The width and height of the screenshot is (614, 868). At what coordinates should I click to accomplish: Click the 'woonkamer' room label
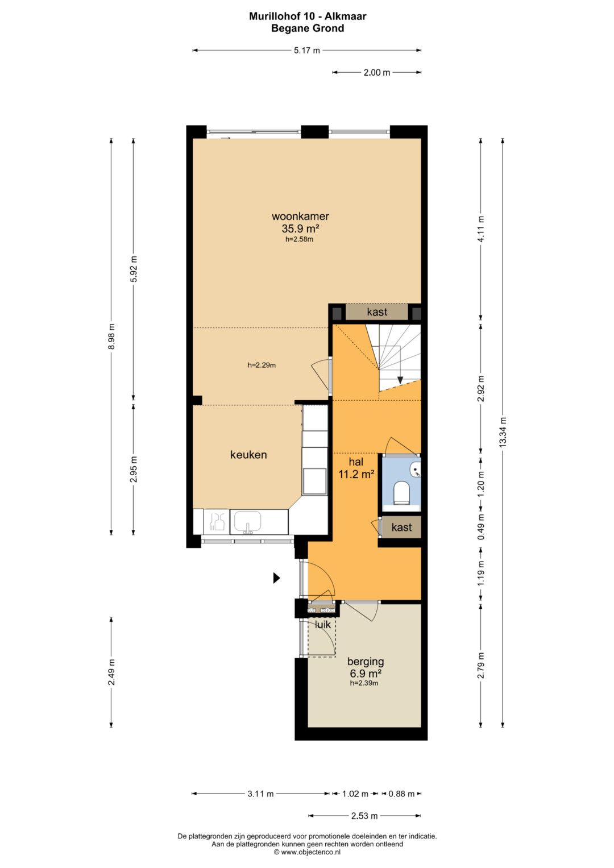[x=300, y=216]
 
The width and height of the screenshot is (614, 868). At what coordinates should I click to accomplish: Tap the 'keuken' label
[x=248, y=455]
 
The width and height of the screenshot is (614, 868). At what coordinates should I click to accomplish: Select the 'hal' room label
[x=356, y=462]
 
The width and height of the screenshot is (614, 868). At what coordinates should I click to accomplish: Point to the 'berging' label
[x=366, y=662]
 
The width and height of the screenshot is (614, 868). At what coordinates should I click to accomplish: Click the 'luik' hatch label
[x=323, y=624]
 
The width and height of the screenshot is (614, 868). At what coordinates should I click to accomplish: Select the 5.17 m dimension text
[x=307, y=51]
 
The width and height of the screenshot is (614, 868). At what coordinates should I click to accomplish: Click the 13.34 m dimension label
[x=503, y=433]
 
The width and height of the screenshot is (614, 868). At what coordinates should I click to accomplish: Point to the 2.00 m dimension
[x=377, y=72]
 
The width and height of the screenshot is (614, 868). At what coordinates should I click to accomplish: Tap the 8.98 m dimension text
[x=111, y=337]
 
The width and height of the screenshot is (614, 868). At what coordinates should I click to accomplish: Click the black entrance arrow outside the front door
[x=276, y=578]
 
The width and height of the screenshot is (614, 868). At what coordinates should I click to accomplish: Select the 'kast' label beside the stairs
[x=377, y=312]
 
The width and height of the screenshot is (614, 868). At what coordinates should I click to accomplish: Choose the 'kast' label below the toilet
[x=401, y=527]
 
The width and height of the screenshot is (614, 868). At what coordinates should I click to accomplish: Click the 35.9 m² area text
[x=300, y=229]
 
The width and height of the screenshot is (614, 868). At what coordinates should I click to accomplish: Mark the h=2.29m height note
[x=262, y=365]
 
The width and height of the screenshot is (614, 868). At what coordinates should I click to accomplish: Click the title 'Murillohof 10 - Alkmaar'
[x=308, y=16]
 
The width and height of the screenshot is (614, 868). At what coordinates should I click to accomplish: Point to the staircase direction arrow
[x=400, y=380]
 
